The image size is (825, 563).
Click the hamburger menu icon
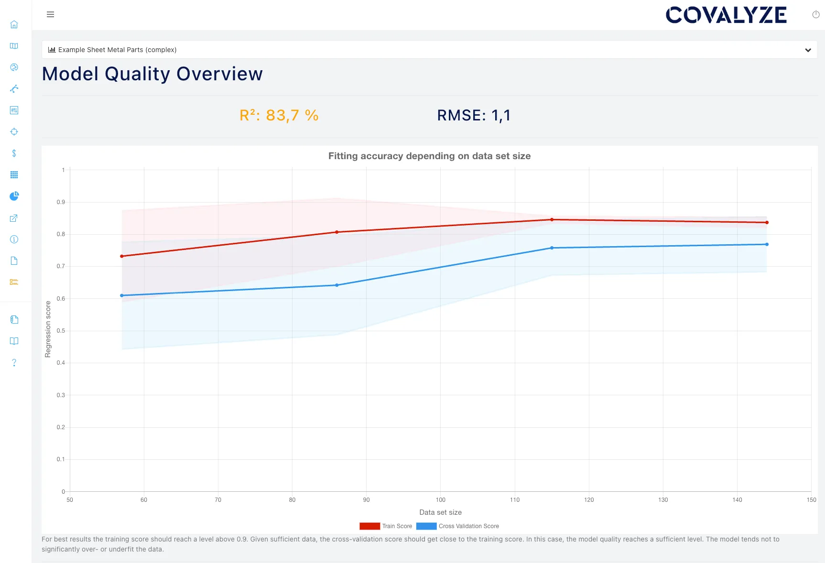click(x=50, y=14)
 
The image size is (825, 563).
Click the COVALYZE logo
click(x=726, y=15)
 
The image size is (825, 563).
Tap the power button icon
click(x=815, y=15)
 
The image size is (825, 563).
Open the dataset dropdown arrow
click(x=808, y=50)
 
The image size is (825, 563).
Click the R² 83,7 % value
click(x=279, y=115)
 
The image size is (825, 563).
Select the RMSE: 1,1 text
click(x=474, y=115)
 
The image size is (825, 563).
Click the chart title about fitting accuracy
click(x=429, y=156)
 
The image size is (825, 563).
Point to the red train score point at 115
click(x=552, y=219)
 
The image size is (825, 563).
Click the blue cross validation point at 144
click(x=767, y=244)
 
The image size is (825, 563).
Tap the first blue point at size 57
click(x=122, y=295)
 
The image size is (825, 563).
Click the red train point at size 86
click(x=337, y=232)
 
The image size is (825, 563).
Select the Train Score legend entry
click(x=386, y=526)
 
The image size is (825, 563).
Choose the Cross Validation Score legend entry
click(x=457, y=526)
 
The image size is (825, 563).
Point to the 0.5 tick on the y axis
click(x=61, y=331)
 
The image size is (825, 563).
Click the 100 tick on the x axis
click(x=440, y=500)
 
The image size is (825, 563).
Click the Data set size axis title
click(x=440, y=512)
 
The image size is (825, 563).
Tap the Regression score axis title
click(x=48, y=329)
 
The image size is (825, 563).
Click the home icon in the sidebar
click(x=14, y=24)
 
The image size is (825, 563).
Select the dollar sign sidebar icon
click(x=14, y=153)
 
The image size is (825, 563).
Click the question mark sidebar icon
click(x=14, y=363)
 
